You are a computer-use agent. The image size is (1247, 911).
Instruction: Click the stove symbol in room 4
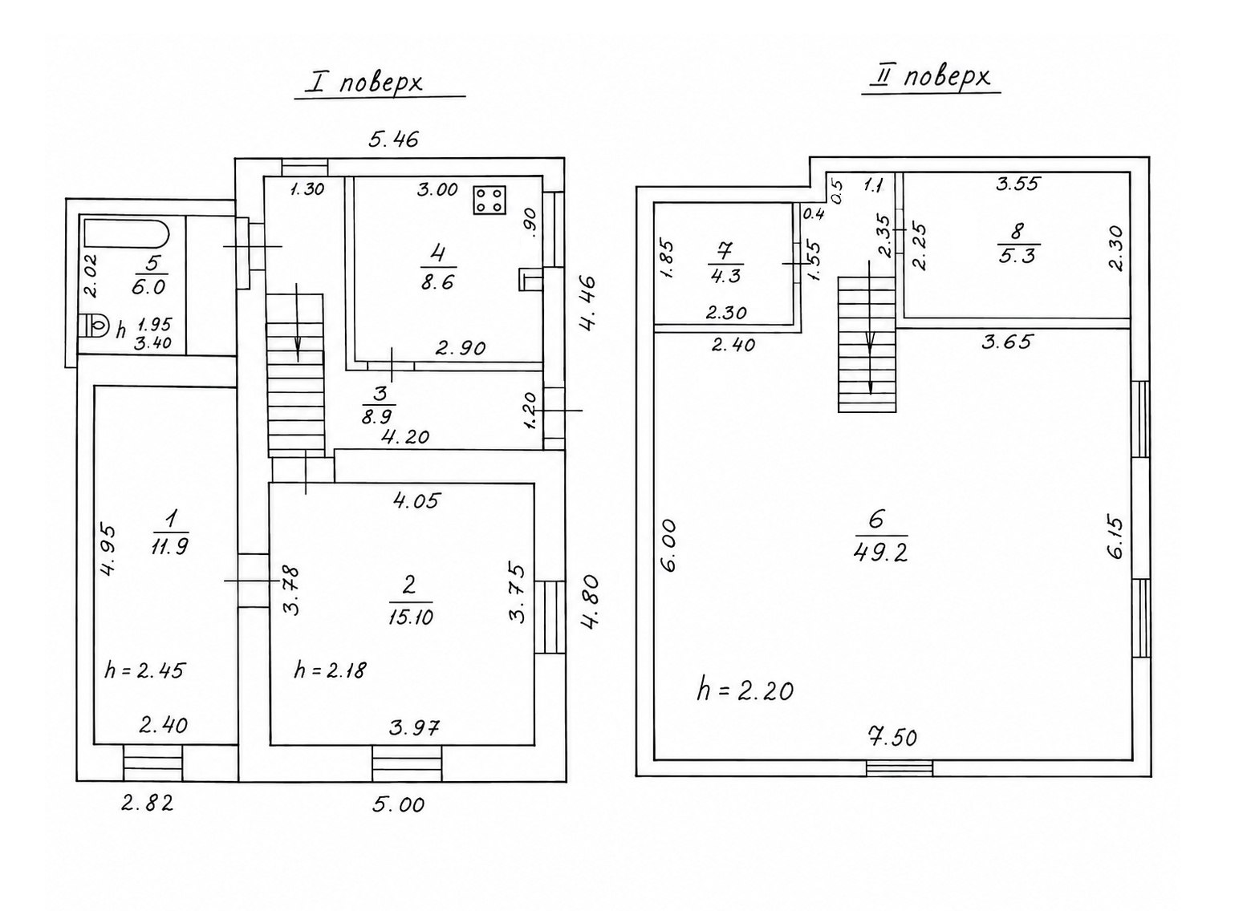(x=489, y=200)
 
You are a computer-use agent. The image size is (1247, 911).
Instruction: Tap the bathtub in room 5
(x=126, y=233)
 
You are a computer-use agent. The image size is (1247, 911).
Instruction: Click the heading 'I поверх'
(x=365, y=83)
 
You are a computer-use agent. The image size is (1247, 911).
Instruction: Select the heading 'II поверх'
(x=931, y=78)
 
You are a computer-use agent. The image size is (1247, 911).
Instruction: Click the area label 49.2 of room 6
(x=880, y=553)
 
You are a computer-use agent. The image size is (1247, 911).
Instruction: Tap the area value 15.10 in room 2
(x=410, y=617)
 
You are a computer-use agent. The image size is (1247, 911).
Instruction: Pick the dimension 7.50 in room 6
(x=892, y=737)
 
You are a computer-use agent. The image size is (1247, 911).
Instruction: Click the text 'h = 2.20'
(x=745, y=691)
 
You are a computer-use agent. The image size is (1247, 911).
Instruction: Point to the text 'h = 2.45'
(x=144, y=670)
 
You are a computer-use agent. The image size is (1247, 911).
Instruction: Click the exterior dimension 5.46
(x=393, y=139)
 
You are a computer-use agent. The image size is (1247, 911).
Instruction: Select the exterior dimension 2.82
(x=148, y=803)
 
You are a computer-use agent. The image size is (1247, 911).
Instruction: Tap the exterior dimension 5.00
(x=398, y=804)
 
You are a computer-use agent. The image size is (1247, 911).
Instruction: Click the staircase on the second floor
(x=867, y=345)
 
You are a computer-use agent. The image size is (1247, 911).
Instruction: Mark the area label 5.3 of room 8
(x=1017, y=256)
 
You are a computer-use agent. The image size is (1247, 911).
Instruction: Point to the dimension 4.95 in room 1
(x=108, y=550)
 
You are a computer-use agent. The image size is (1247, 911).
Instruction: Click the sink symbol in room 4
(x=530, y=279)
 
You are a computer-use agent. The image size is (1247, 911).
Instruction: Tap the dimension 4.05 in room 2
(x=416, y=500)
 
